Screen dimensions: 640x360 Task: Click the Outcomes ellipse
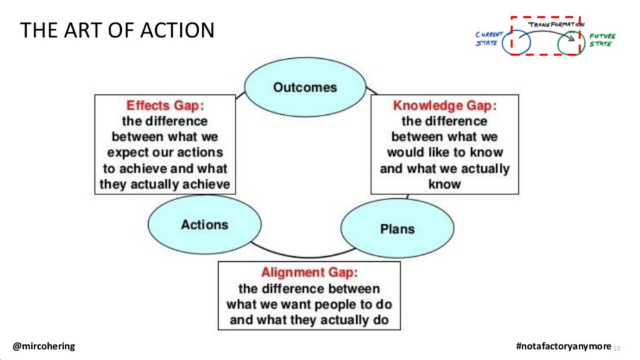(x=305, y=87)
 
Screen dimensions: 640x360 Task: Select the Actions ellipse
(x=204, y=224)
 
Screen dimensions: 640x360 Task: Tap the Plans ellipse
(x=397, y=229)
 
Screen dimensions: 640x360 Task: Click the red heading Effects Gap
(x=165, y=105)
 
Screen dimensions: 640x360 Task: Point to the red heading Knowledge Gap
(x=445, y=105)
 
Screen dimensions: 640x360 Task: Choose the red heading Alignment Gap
(x=309, y=272)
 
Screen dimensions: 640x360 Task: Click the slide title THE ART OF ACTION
(x=117, y=30)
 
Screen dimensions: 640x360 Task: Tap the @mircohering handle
(x=44, y=346)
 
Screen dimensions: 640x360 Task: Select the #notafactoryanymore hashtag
(x=564, y=346)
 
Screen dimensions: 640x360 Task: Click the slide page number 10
(x=617, y=348)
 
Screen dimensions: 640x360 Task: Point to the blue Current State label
(x=489, y=39)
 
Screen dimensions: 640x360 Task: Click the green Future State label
(x=602, y=40)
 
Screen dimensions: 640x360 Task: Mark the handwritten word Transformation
(x=556, y=24)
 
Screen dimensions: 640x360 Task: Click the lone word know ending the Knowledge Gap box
(x=444, y=184)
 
